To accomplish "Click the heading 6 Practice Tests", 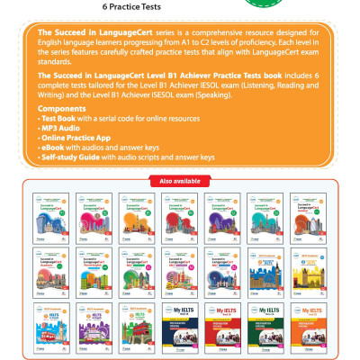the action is pyautogui.click(x=179, y=7).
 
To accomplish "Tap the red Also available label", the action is pyautogui.click(x=180, y=181).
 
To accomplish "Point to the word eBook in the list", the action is pyautogui.click(x=56, y=148).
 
